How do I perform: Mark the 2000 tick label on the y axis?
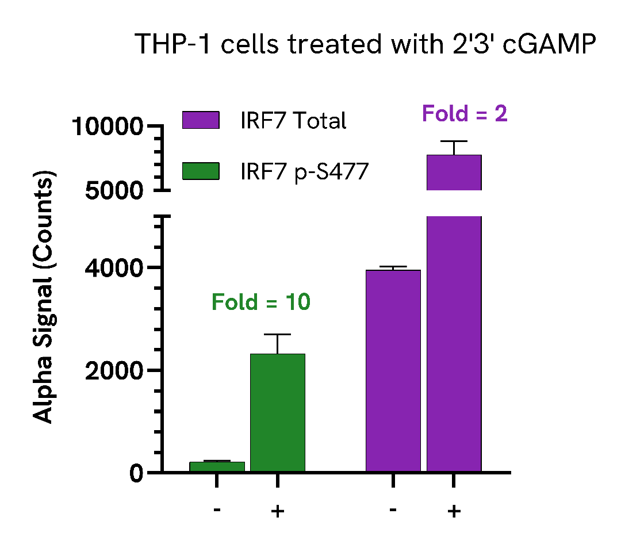coord(114,371)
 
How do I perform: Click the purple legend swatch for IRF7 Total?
coord(201,120)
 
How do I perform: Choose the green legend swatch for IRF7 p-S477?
coord(201,171)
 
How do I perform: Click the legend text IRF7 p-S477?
coord(304,171)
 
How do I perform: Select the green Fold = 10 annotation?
coord(261,302)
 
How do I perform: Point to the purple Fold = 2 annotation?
coord(465,114)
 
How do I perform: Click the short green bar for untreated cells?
coord(217,467)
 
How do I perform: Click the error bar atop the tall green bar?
coord(278,343)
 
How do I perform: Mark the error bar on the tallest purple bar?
coord(454,147)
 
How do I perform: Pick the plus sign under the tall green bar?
coord(278,511)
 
